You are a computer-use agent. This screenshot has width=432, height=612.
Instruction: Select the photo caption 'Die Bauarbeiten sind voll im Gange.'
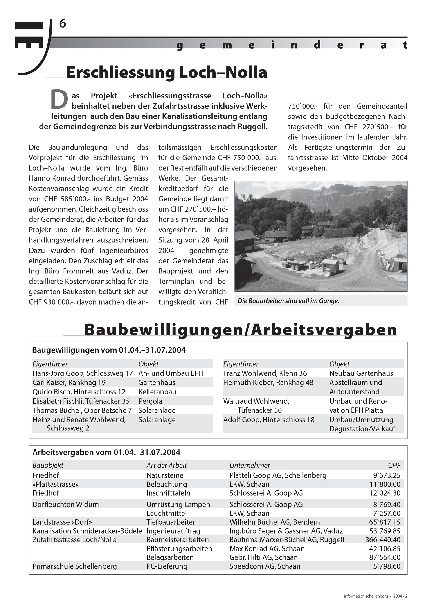pos(288,301)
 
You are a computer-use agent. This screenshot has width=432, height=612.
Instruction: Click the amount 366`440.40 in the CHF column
pos(383,540)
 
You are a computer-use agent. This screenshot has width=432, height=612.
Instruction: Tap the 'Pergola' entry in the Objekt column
pos(150,401)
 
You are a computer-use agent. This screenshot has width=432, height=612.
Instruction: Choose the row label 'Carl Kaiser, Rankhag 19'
pos(69,382)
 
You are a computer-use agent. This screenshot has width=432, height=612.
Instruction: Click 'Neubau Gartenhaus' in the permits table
pos(361,373)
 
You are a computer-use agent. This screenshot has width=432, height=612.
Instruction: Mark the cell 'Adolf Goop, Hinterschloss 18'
pos(269,420)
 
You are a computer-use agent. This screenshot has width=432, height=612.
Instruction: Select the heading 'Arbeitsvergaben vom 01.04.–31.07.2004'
pos(106,452)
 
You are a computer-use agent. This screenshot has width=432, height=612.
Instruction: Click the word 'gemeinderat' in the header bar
pos(292,45)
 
